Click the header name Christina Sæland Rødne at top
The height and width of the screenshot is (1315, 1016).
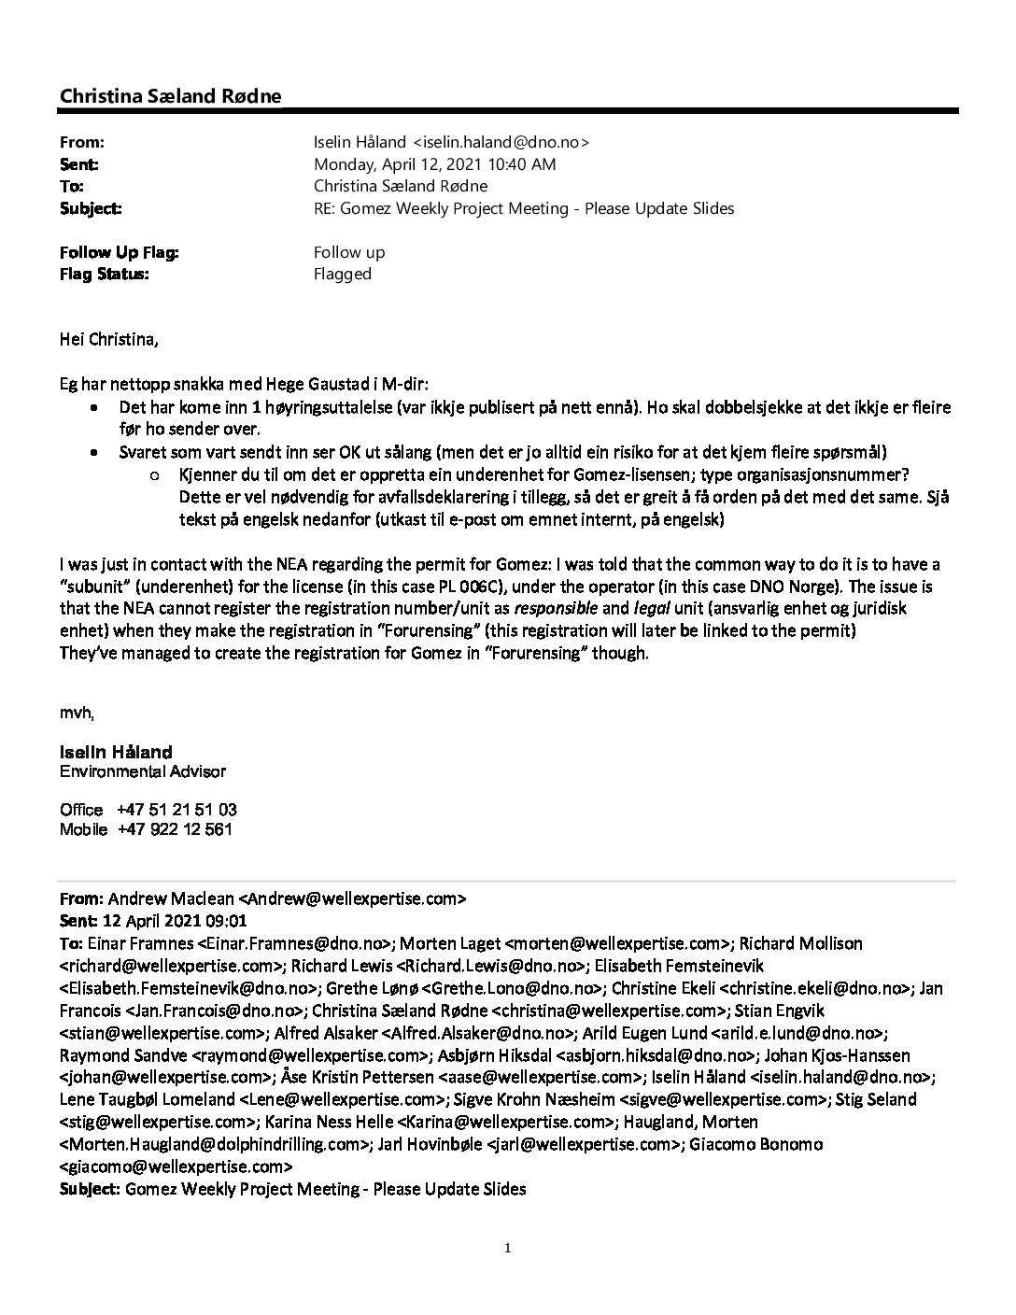(x=170, y=96)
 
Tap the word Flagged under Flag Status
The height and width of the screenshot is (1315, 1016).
(x=343, y=274)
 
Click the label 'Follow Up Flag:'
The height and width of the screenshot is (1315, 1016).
(x=120, y=252)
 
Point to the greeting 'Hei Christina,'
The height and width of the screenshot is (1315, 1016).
(x=109, y=339)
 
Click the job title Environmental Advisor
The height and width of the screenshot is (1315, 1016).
(x=143, y=772)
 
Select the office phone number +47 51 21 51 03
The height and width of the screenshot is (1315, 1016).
(x=176, y=810)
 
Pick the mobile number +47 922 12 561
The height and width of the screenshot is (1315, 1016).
(x=175, y=829)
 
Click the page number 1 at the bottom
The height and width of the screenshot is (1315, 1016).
(x=508, y=1248)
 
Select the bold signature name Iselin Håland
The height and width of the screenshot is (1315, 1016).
(x=116, y=752)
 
